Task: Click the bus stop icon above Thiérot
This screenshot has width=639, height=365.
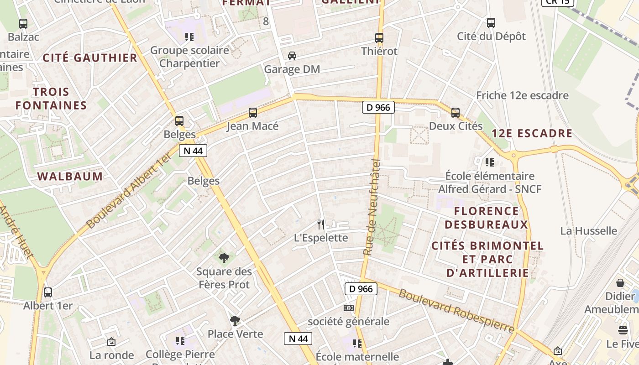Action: pos(379,38)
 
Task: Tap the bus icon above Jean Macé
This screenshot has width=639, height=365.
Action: pos(253,113)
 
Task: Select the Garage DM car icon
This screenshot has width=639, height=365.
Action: pos(292,56)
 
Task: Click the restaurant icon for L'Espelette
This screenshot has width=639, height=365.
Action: pos(321,224)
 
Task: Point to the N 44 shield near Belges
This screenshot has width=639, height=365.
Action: pos(193,151)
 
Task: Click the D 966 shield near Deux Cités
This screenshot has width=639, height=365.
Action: pos(378,107)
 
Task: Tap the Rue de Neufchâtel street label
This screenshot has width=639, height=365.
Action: pos(372,207)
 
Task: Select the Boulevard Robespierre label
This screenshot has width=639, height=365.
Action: pos(456,311)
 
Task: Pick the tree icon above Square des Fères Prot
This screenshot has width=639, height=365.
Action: pos(224,258)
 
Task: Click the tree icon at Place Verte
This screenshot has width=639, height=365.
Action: pos(235,321)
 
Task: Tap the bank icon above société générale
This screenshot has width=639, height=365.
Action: pos(349,308)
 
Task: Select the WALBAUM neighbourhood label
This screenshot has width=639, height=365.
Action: pos(70,177)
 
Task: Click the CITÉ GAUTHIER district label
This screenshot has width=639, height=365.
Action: pos(90,58)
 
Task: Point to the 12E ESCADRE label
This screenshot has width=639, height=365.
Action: pos(532,133)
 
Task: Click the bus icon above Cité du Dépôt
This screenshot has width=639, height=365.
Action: pos(491,23)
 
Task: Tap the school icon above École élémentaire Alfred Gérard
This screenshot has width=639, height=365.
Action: pos(490,162)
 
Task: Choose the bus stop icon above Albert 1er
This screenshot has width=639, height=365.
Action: pos(48,292)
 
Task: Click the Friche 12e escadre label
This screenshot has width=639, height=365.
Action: pos(522,95)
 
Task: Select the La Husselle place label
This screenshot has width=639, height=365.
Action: pos(588,231)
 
